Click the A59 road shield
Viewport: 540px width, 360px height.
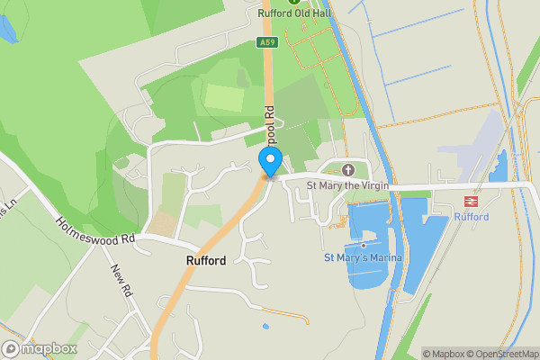click(266, 41)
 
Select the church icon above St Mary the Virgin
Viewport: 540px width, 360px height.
click(348, 170)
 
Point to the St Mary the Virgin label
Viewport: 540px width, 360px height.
click(347, 186)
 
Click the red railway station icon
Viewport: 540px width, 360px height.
click(469, 202)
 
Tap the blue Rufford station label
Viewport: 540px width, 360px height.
click(471, 217)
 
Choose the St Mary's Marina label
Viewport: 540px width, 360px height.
click(363, 258)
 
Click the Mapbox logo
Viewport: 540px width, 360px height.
click(40, 348)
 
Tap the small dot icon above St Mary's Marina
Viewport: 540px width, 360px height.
click(363, 245)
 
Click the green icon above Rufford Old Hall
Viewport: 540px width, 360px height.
click(293, 2)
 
